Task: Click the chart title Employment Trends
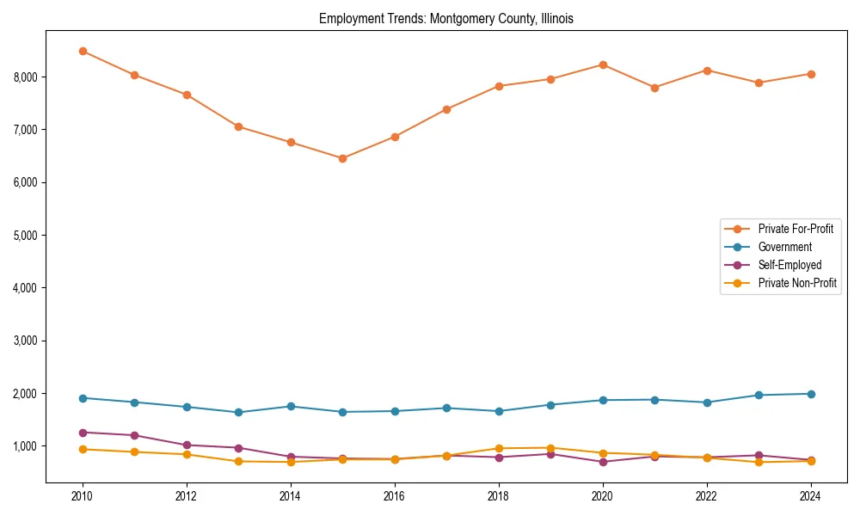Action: [x=445, y=18]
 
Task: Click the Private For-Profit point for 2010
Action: [x=83, y=51]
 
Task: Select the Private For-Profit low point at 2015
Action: [x=342, y=158]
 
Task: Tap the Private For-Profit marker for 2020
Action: [x=603, y=64]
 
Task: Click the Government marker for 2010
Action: [x=83, y=398]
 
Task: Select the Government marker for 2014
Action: [x=291, y=406]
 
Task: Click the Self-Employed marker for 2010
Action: [x=83, y=433]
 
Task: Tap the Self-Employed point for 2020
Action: [x=603, y=462]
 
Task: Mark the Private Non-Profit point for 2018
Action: [x=499, y=448]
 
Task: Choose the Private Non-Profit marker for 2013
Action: [x=238, y=461]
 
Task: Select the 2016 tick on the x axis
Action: [x=395, y=495]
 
